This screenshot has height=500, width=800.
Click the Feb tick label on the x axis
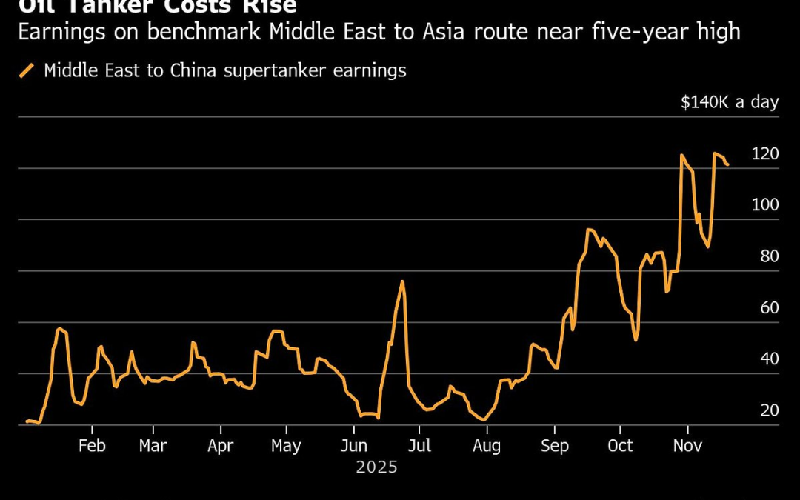click(x=92, y=446)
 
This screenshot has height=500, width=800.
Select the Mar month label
click(x=153, y=446)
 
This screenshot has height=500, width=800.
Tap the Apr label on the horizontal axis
click(x=220, y=446)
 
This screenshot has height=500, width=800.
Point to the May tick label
click(x=286, y=446)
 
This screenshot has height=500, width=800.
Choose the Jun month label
click(x=354, y=446)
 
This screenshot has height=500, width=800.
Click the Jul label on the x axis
click(x=419, y=446)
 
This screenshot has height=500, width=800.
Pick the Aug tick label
click(x=486, y=446)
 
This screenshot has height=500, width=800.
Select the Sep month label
click(x=555, y=446)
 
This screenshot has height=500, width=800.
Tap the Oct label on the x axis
click(x=620, y=446)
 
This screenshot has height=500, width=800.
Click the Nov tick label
click(x=687, y=446)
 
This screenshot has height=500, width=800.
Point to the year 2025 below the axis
click(x=376, y=468)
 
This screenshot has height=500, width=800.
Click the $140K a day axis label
click(x=730, y=102)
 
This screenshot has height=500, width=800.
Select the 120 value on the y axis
click(x=765, y=154)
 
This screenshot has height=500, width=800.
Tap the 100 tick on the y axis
click(x=765, y=205)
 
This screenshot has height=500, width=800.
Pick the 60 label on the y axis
click(x=770, y=307)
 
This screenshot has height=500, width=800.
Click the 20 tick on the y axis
click(x=770, y=410)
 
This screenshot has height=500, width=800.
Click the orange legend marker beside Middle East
click(x=27, y=70)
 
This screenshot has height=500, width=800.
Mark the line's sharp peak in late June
click(x=401, y=281)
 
